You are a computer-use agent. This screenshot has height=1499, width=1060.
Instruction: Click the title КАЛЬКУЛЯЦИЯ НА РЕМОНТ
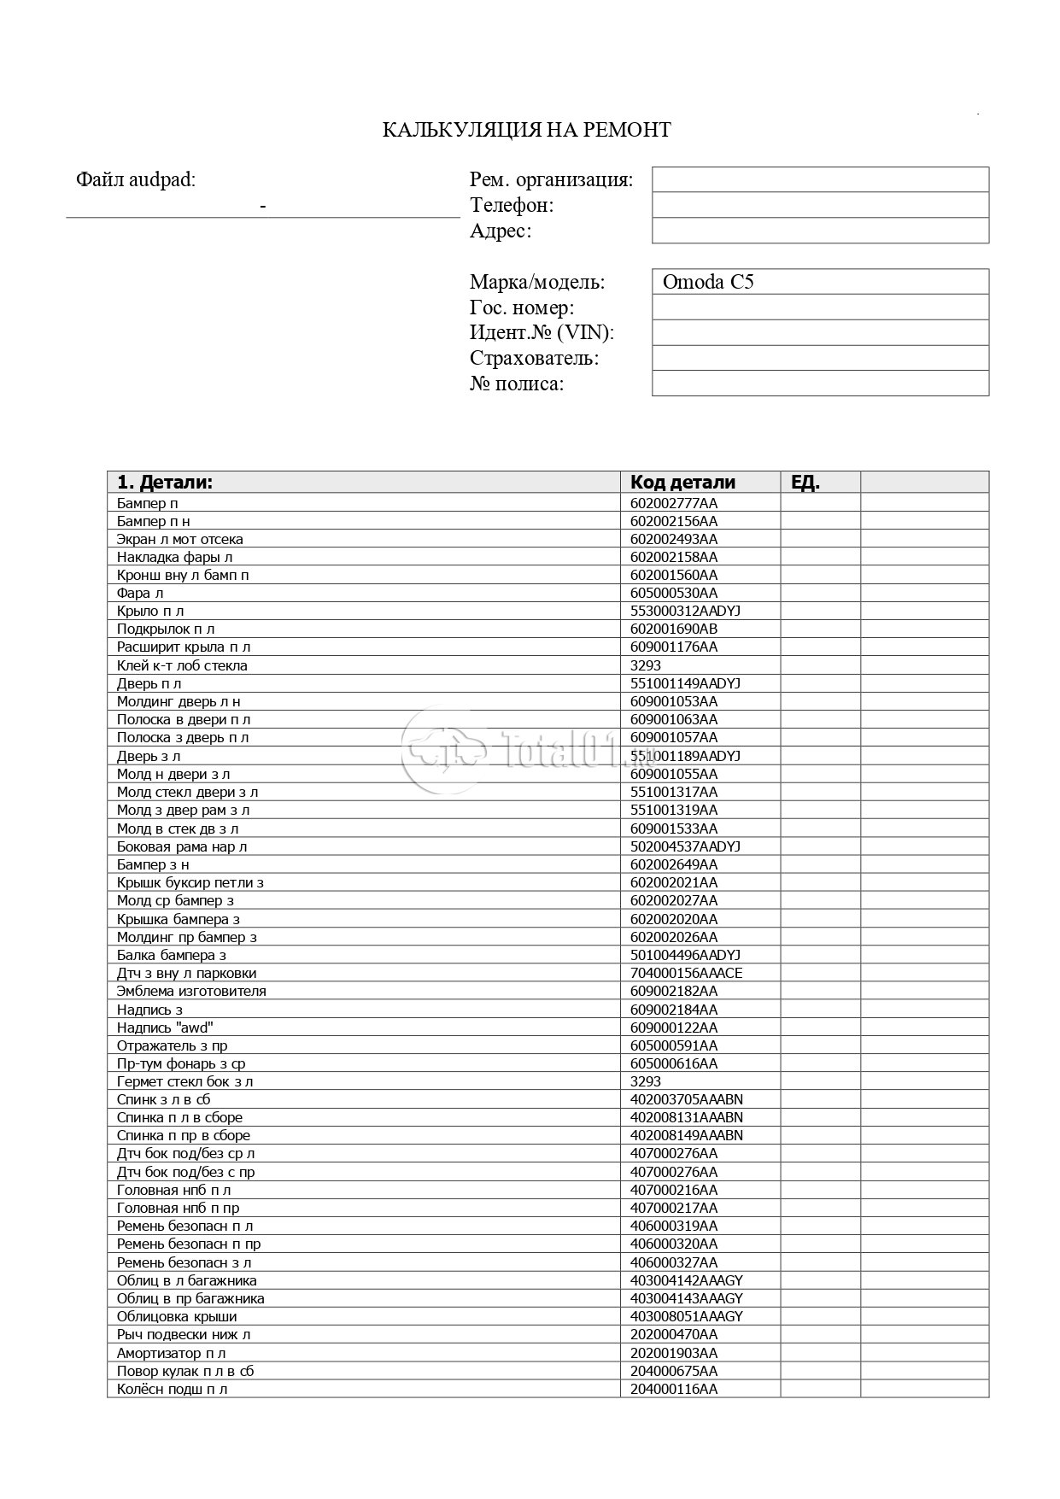coord(526,130)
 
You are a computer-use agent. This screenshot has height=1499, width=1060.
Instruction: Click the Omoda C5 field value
coord(708,282)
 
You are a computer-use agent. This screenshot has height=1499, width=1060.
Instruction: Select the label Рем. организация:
coord(551,180)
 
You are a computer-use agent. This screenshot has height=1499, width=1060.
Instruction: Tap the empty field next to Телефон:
coord(820,205)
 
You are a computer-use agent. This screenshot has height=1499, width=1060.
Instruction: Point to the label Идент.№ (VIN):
coord(542,332)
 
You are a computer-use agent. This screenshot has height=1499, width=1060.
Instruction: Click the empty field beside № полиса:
coord(820,384)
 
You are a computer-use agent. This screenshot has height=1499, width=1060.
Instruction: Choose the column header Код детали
coord(682,482)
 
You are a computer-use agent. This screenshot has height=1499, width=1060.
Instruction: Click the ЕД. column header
coord(805,482)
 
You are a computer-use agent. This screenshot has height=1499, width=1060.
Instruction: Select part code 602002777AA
coord(674,503)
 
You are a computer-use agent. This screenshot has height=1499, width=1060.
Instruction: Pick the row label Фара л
coord(140,593)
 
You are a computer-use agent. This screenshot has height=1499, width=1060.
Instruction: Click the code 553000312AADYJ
coord(685,611)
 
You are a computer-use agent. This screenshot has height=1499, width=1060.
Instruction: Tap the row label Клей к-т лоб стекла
coord(182,665)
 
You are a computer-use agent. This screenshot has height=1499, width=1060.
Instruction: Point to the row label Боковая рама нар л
coord(182,846)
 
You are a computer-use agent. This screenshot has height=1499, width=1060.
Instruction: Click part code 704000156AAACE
coord(686,973)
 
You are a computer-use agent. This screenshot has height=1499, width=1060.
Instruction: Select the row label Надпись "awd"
coord(165,1028)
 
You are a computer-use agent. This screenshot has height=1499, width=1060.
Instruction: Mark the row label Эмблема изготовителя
coord(191,991)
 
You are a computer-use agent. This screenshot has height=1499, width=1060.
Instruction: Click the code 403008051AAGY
coord(686,1316)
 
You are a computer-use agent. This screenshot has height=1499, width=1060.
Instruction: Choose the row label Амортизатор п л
coord(172,1353)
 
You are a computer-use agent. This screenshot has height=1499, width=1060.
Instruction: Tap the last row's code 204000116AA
coord(674,1389)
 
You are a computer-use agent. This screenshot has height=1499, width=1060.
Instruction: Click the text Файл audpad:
coord(136,180)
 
